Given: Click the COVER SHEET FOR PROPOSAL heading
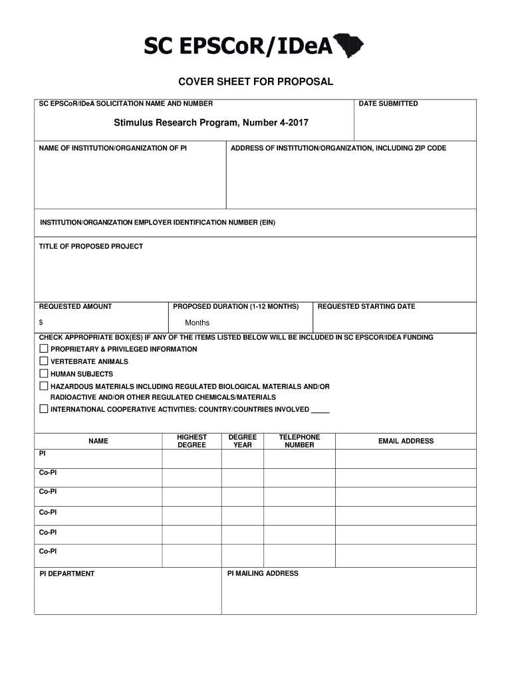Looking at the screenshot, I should [x=255, y=82].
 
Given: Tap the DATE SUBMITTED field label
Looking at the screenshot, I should [x=388, y=104].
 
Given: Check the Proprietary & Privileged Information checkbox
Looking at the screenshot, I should [x=44, y=349].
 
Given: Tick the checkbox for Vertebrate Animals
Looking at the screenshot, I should [x=44, y=361].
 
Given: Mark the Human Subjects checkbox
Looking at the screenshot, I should [x=44, y=373].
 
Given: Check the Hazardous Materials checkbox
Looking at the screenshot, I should [x=44, y=386].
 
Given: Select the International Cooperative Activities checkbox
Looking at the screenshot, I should [x=44, y=409].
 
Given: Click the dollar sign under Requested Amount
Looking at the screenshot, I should [x=41, y=323].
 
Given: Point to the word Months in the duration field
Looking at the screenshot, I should [x=197, y=323].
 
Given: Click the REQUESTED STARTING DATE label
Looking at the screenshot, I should [x=366, y=307].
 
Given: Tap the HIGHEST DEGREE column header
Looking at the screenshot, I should [x=192, y=441].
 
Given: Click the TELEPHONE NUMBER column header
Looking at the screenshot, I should [x=299, y=441].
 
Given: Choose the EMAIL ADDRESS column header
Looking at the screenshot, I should [x=406, y=441].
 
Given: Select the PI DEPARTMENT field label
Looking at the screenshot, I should [x=66, y=574].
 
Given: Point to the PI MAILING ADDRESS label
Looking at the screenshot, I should [x=263, y=573].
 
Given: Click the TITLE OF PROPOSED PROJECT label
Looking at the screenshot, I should [x=91, y=246].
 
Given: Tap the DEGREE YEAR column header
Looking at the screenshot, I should [x=243, y=441].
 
